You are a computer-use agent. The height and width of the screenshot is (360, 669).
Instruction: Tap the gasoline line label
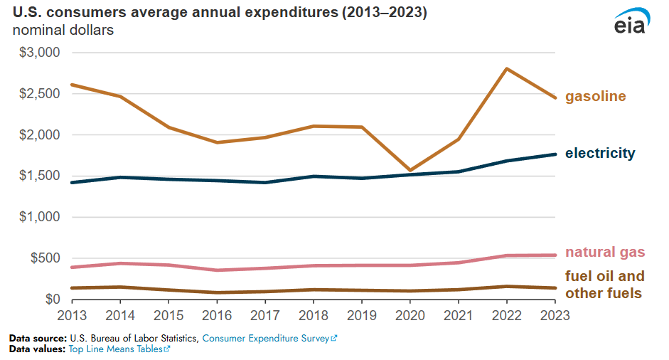tap(596, 96)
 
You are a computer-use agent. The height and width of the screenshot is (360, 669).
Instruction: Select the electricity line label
tap(600, 153)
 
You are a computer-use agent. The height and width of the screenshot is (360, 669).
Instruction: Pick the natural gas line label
tap(605, 252)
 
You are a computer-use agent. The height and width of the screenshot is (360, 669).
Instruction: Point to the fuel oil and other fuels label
tap(605, 285)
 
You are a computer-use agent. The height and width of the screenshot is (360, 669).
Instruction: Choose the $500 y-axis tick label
tap(45, 258)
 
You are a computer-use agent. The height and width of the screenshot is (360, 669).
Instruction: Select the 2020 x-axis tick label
tap(410, 314)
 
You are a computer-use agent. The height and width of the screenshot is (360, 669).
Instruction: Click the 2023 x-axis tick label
tap(555, 314)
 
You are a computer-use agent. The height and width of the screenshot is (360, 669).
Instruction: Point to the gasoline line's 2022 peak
tap(506, 69)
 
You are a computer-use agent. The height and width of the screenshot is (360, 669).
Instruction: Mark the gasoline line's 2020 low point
tap(410, 170)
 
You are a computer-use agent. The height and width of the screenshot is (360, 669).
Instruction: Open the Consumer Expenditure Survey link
tap(269, 339)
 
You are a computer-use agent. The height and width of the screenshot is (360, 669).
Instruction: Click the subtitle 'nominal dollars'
tap(63, 31)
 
